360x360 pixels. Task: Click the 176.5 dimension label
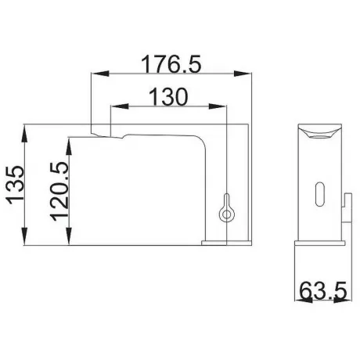(171, 64)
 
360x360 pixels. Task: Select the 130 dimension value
(168, 97)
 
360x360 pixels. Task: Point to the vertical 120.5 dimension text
(59, 191)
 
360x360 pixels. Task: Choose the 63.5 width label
(323, 290)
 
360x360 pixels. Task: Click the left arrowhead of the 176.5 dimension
(100, 74)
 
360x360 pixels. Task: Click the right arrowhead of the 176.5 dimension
(243, 74)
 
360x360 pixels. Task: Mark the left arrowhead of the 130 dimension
(120, 106)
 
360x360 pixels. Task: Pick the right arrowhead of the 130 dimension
(217, 106)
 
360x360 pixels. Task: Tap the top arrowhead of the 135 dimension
(24, 133)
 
